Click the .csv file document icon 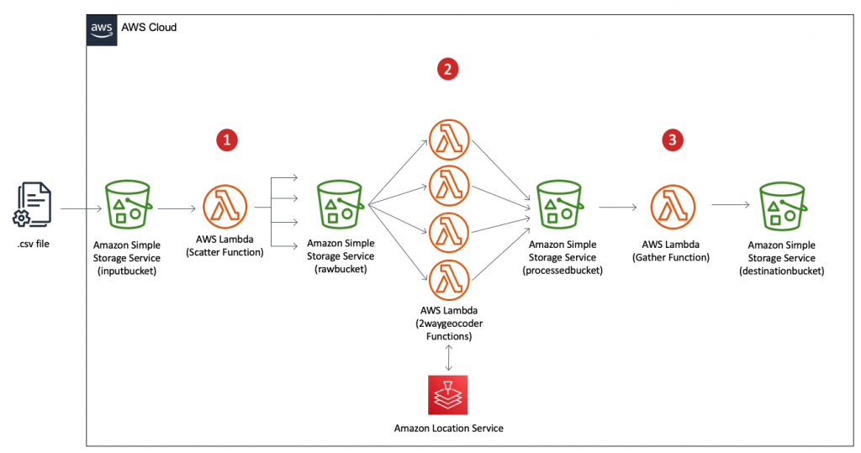33,205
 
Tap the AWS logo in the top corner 102,28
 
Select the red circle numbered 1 226,140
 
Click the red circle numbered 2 449,69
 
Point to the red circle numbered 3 671,140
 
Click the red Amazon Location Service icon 448,395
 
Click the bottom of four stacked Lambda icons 449,279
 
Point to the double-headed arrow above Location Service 448,358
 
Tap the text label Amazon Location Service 448,429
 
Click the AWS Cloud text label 150,28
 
